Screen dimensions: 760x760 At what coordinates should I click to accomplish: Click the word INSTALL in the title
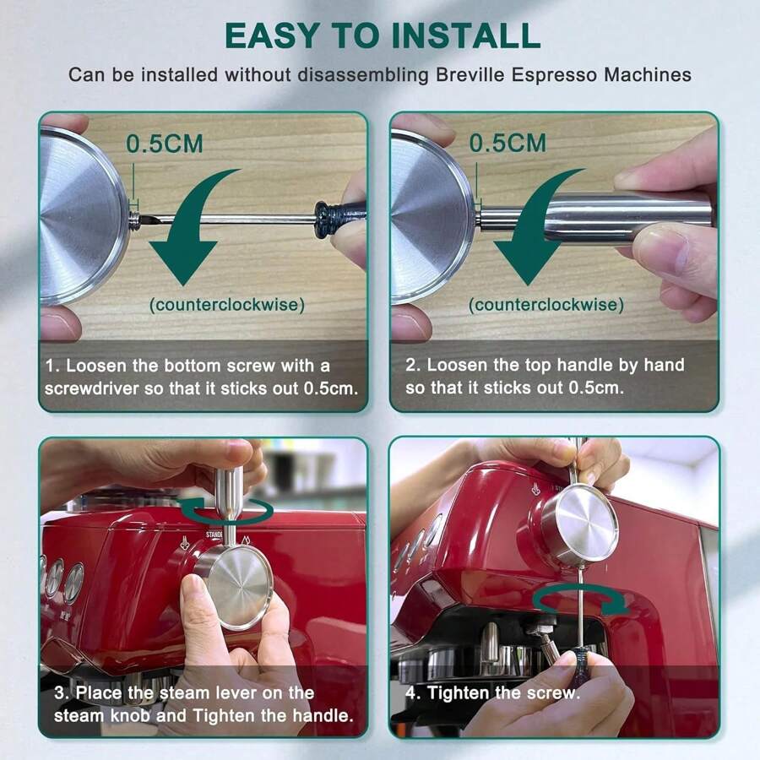465,35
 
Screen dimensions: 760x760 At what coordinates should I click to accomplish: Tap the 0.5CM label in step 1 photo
165,144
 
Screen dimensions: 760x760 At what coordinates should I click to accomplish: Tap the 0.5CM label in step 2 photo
508,143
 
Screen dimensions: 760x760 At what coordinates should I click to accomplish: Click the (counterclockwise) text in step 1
227,305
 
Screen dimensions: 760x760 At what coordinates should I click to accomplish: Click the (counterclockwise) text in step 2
546,305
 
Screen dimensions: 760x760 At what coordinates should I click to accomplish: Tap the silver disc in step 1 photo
83,216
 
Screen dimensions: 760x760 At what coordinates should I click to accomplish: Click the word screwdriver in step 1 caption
91,388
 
